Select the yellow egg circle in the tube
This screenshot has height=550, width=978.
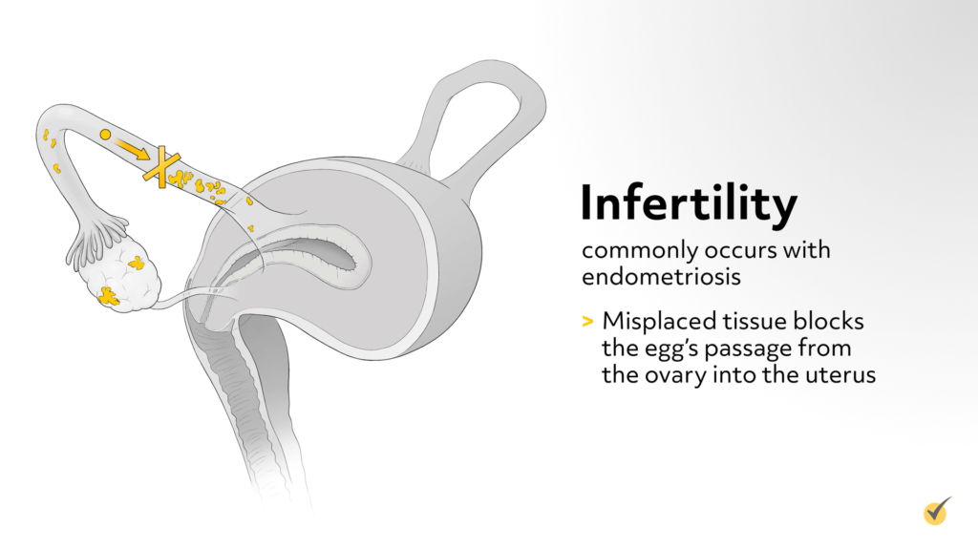[105, 136]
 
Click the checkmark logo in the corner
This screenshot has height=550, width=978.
[938, 511]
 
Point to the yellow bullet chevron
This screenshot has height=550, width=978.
[586, 322]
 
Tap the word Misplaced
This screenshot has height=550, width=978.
[650, 322]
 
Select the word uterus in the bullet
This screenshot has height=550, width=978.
[840, 374]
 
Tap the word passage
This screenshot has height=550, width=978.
[759, 349]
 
